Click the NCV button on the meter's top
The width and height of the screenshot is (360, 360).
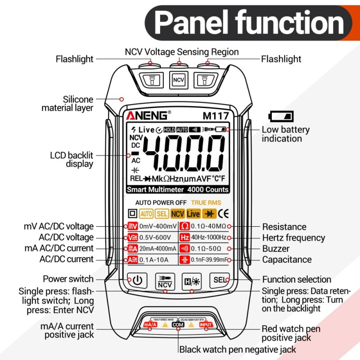tap(178, 80)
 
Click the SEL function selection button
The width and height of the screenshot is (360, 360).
tap(220, 280)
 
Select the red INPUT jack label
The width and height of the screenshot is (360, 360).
tap(206, 324)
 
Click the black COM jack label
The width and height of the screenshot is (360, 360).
tap(178, 324)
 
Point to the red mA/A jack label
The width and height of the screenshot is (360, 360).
tap(150, 324)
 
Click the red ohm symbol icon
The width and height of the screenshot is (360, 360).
tap(184, 226)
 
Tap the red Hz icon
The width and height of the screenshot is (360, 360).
tap(184, 238)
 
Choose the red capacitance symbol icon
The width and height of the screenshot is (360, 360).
tap(184, 260)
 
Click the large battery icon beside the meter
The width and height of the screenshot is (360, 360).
tap(281, 116)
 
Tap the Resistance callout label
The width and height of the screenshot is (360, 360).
tap(284, 227)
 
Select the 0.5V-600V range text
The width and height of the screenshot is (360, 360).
tap(155, 238)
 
